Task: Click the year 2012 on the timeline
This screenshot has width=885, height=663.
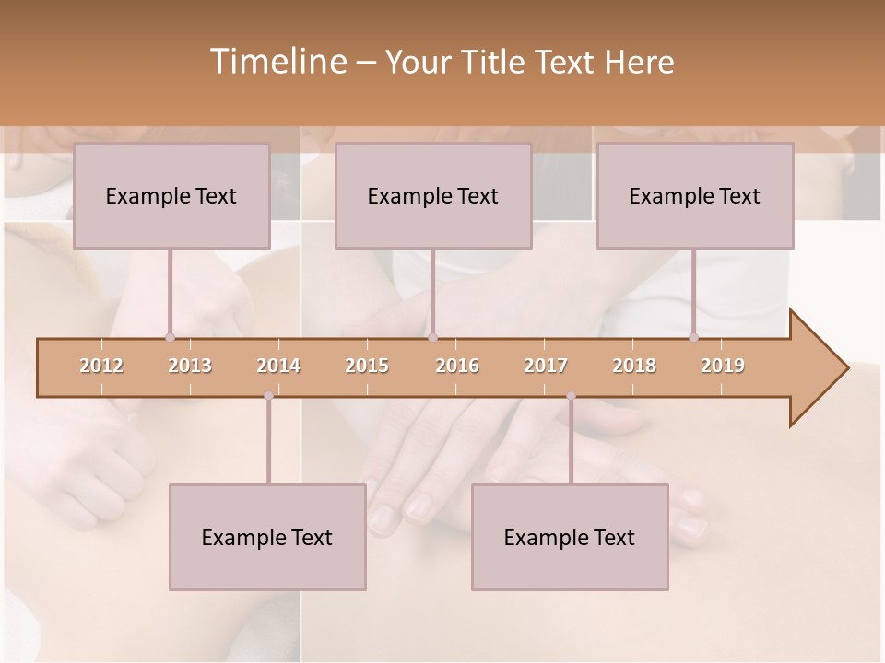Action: [101, 366]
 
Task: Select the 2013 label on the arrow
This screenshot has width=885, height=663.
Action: [190, 366]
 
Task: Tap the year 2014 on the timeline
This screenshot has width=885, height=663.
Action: [278, 366]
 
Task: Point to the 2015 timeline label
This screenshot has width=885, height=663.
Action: [367, 366]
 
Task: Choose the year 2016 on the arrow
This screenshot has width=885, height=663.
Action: [457, 366]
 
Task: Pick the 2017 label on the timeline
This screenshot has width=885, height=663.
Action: [546, 366]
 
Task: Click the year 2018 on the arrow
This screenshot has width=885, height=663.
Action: [634, 366]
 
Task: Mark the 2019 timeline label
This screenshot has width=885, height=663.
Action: [723, 366]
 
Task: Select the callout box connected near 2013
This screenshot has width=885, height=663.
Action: [171, 195]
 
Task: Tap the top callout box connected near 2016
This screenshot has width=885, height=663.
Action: [433, 195]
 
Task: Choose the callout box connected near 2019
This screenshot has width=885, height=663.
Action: [695, 195]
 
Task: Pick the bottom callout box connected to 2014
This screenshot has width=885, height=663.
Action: [267, 537]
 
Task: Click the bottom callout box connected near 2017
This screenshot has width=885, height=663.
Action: [570, 537]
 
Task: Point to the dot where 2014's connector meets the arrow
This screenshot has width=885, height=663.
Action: [268, 396]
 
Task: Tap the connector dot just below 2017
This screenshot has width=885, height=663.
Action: [571, 396]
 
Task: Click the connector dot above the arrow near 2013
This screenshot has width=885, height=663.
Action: [170, 337]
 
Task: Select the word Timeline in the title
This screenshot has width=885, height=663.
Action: [277, 62]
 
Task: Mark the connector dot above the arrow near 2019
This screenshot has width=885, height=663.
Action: [694, 337]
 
